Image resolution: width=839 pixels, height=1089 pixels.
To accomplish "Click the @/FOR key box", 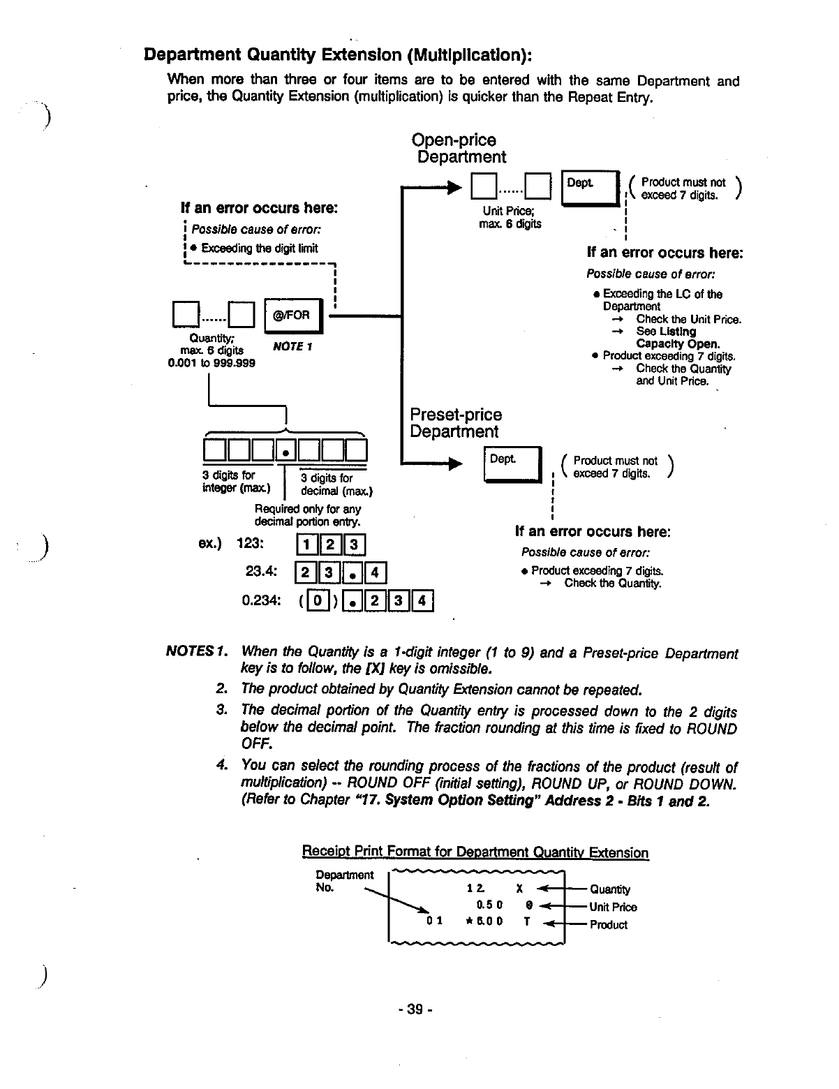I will [x=293, y=316].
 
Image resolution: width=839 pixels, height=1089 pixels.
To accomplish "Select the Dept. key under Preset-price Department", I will [x=512, y=462].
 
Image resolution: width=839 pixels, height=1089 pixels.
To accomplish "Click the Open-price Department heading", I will [x=457, y=149].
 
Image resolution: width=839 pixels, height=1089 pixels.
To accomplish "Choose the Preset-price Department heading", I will [x=455, y=423].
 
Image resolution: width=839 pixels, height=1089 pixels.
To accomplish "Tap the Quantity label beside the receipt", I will [x=609, y=889].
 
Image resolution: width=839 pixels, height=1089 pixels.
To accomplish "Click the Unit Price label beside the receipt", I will [x=613, y=907].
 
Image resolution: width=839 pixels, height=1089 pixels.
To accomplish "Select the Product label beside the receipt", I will [x=608, y=925].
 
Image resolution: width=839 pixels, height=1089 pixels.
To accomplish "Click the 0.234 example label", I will [x=261, y=600].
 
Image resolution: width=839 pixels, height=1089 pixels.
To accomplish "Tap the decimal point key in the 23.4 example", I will [x=354, y=574].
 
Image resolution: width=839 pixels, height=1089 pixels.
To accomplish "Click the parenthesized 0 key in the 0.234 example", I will [x=318, y=600].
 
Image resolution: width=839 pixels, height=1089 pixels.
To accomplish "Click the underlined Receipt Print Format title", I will [x=475, y=852].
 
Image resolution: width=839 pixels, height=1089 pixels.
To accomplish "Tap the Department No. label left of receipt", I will [x=344, y=881].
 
